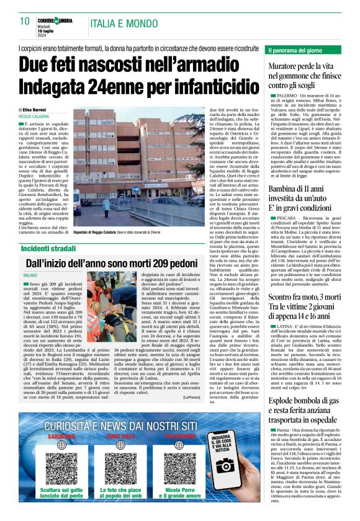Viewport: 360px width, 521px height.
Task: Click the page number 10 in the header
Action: pos(25,20)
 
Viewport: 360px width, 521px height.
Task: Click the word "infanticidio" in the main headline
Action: pos(210,87)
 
